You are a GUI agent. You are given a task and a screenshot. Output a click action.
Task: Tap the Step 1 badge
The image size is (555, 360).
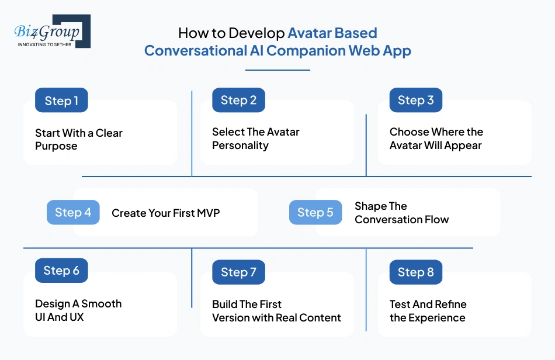61,101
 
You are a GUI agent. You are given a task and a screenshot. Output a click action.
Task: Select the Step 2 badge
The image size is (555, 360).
238,100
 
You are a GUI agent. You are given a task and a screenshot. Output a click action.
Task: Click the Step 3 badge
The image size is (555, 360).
415,100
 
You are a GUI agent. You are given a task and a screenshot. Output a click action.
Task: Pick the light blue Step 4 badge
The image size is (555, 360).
73,213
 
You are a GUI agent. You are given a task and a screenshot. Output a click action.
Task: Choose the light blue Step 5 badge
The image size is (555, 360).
315,213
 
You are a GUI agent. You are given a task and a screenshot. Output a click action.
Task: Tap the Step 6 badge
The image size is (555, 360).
61,271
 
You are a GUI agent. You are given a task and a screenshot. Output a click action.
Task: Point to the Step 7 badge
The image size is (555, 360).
238,272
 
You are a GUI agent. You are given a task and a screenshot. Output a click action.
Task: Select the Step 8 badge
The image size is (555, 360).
415,272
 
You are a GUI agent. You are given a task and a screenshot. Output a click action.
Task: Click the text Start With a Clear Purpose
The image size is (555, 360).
79,139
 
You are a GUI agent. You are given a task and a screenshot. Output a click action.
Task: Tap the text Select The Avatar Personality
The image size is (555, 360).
255,139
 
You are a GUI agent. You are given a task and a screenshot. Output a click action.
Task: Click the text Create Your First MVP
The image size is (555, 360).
165,213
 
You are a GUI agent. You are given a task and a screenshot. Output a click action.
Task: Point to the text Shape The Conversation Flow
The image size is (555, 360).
401,213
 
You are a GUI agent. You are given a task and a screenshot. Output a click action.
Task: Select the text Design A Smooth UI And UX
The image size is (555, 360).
78,310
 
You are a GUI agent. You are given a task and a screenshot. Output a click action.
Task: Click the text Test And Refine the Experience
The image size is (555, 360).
428,311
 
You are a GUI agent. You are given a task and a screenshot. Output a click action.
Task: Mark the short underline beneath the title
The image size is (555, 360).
277,70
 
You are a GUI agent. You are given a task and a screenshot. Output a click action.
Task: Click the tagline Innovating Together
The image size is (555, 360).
45,44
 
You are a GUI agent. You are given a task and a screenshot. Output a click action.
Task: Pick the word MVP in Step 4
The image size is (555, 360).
208,213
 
